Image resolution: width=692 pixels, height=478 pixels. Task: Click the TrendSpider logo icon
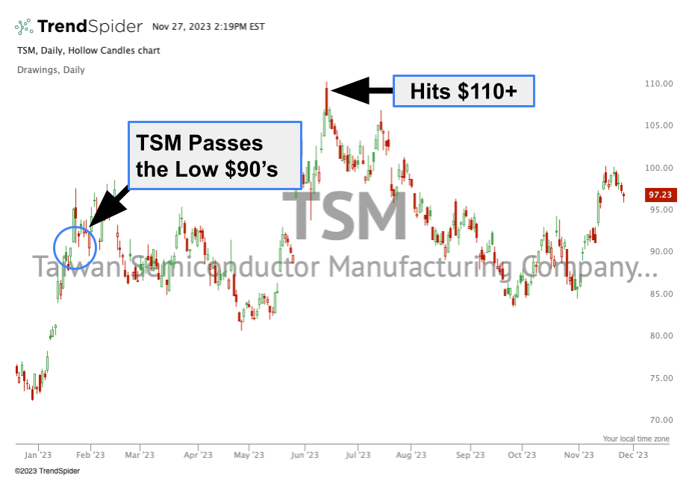24,27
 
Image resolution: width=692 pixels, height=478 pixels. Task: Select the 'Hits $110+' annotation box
464,91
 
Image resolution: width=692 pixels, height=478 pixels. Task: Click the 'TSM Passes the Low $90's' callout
215,156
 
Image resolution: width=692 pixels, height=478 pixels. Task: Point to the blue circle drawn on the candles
75,247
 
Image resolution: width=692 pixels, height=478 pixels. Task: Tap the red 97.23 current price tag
661,195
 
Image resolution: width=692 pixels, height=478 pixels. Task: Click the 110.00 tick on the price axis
660,84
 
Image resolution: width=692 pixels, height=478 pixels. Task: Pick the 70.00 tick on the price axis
660,419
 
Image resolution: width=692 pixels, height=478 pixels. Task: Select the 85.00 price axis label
660,293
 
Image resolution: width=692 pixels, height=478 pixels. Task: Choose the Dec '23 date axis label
633,454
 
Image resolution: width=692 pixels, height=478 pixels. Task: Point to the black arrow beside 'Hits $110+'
361,91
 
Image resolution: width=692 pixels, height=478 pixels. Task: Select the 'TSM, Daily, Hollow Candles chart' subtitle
88,51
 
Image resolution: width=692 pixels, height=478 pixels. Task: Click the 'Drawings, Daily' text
50,70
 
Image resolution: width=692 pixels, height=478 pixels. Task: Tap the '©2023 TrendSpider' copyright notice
47,471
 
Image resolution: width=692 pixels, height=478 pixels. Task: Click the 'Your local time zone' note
636,438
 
